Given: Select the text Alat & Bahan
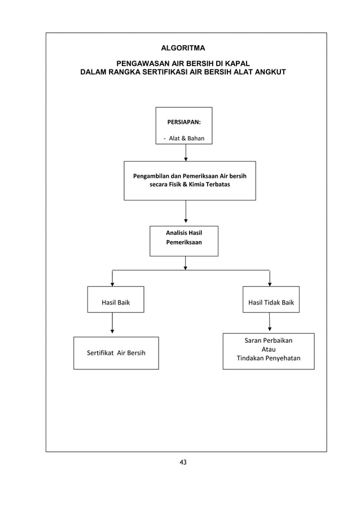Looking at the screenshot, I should point(187,138).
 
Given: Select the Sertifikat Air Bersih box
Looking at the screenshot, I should point(116,353).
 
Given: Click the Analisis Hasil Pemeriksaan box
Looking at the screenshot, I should point(184,241).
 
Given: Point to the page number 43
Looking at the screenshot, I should point(182,463).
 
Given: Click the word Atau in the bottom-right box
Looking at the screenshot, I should point(269,349).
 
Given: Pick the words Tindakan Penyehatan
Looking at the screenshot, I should point(269,359).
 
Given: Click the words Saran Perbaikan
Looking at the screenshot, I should point(269,340).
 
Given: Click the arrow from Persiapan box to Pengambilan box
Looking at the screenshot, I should point(186,152).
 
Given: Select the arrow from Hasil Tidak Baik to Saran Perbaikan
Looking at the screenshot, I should point(270,322).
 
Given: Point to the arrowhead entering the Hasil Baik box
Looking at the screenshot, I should point(112,284).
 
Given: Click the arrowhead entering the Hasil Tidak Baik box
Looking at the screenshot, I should point(270,284).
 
